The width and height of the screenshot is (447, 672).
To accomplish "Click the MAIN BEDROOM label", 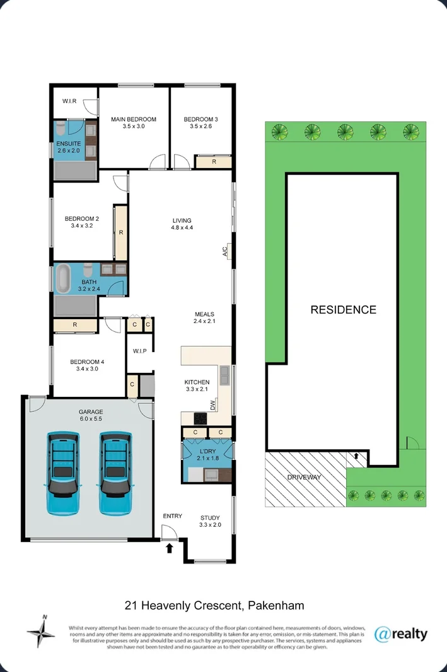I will click(x=134, y=119).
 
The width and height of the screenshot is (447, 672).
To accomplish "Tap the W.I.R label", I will click(x=69, y=102).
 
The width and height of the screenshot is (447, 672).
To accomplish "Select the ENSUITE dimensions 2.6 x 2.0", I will click(x=69, y=151).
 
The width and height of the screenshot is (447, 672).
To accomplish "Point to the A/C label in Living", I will click(x=224, y=251).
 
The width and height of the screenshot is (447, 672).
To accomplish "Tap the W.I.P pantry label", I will click(x=139, y=351).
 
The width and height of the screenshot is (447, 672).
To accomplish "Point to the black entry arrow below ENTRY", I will click(x=169, y=549).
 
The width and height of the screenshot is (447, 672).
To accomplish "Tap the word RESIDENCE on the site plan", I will click(x=343, y=310).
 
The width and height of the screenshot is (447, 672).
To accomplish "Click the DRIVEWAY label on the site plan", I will click(x=304, y=478).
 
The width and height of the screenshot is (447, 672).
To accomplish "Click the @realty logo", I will click(x=400, y=634).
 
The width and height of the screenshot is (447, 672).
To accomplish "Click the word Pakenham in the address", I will click(x=276, y=606).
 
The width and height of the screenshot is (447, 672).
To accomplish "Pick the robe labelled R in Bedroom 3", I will click(x=214, y=162).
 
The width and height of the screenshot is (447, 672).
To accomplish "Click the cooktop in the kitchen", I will click(x=201, y=418).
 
